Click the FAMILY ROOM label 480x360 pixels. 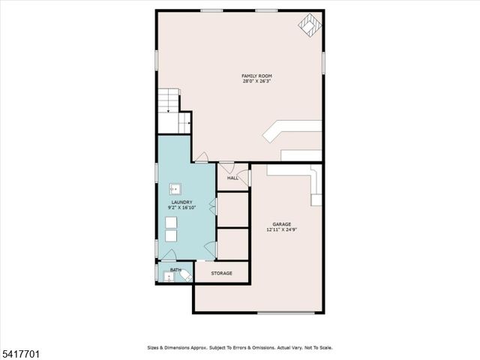256,76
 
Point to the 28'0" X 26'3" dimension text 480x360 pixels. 256,82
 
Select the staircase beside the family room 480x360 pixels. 170,100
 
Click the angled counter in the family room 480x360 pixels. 289,130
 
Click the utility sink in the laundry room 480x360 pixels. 175,189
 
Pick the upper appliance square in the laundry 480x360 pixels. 172,222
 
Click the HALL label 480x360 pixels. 232,178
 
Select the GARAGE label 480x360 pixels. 281,224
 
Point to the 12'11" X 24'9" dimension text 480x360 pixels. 281,230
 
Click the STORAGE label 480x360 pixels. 221,273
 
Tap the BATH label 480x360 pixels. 175,270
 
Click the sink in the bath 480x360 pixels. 168,277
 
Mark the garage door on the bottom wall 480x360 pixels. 286,313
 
